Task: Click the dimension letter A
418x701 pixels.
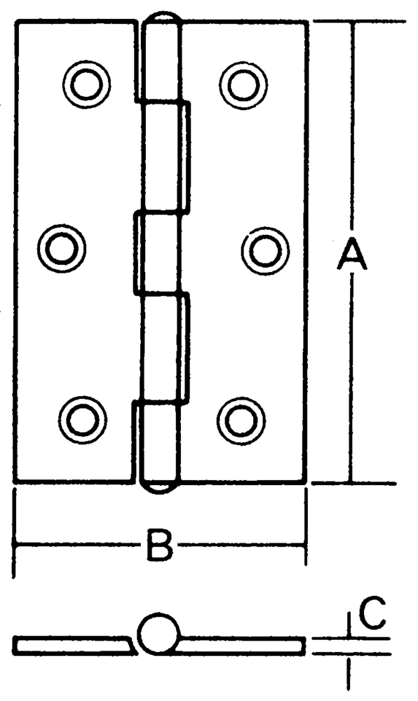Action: point(352,254)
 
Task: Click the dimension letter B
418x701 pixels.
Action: point(159,545)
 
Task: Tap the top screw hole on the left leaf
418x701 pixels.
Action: point(87,83)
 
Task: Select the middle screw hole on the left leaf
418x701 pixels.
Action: point(62,248)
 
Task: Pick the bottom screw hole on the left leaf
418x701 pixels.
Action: point(83,420)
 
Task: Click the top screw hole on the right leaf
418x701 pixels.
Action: point(243,85)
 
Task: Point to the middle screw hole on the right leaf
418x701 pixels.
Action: point(265,251)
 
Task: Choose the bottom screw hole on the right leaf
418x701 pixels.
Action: point(241,421)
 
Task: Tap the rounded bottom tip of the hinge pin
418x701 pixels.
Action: point(159,488)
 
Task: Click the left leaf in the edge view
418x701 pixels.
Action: point(74,646)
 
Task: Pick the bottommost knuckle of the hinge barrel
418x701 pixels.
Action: point(159,442)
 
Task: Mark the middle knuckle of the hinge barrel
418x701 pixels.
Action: point(158,253)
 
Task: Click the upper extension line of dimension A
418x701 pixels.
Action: point(360,21)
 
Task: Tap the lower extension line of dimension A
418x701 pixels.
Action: point(353,483)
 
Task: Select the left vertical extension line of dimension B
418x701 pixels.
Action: point(15,533)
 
